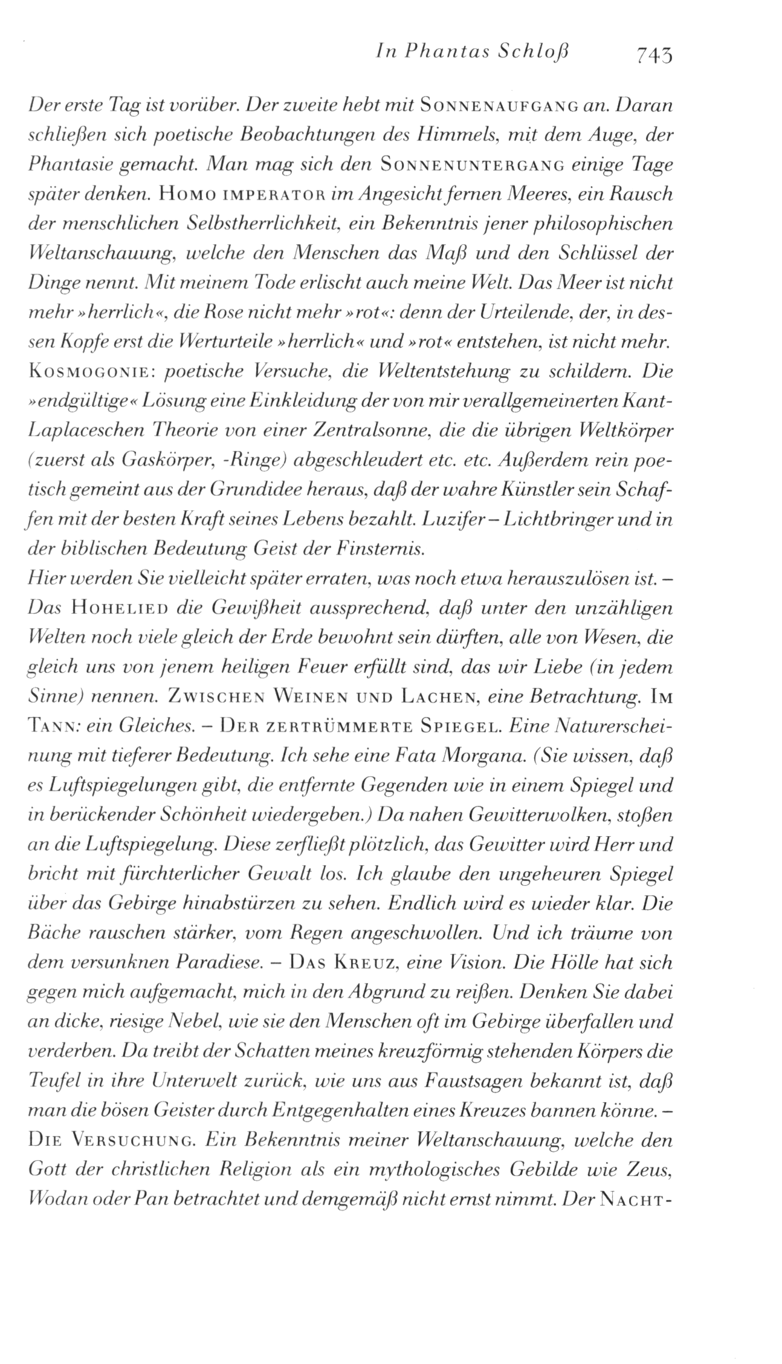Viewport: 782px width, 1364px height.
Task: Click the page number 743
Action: [652, 55]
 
